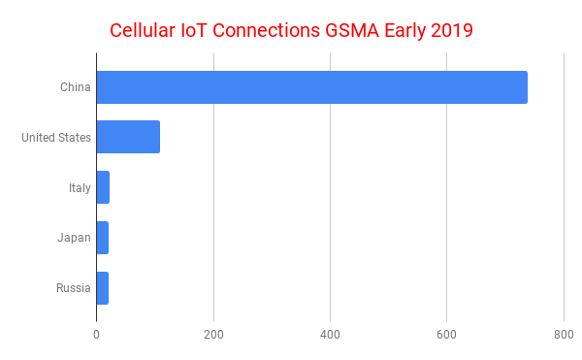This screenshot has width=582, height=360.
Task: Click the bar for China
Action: (x=311, y=87)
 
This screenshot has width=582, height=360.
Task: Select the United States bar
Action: (x=128, y=138)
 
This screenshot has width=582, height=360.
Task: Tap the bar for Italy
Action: (x=103, y=187)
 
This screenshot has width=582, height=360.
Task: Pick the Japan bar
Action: (x=103, y=238)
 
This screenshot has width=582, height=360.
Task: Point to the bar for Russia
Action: (x=103, y=288)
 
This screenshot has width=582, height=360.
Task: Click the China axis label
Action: (x=75, y=87)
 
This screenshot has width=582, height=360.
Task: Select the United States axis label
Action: (x=56, y=138)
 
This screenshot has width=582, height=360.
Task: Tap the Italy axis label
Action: (x=80, y=187)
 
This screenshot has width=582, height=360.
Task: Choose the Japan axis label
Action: (x=74, y=238)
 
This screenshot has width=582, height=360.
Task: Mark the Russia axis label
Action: (x=74, y=288)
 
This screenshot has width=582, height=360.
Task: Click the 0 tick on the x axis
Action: (x=97, y=335)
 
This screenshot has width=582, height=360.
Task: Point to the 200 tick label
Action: (x=213, y=335)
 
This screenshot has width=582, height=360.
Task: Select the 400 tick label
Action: (x=330, y=335)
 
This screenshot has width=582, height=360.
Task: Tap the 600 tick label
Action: (x=447, y=335)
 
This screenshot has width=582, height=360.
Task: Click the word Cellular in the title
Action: (x=145, y=30)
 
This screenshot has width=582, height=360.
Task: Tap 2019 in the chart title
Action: (x=450, y=30)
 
